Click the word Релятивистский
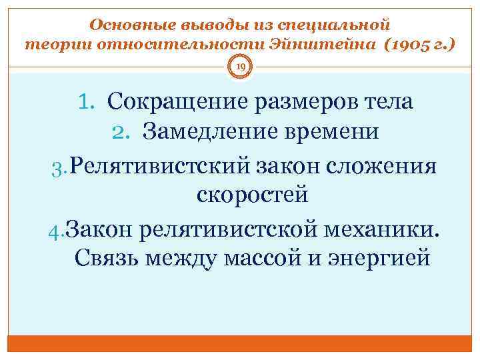click(159, 163)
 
